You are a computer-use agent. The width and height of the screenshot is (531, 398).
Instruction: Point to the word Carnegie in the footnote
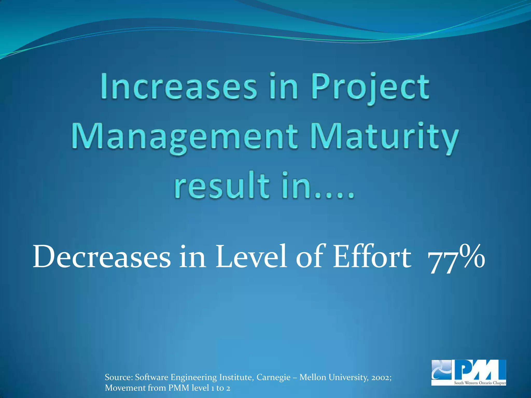273,377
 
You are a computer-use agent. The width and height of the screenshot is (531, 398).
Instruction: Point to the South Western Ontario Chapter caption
480,383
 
